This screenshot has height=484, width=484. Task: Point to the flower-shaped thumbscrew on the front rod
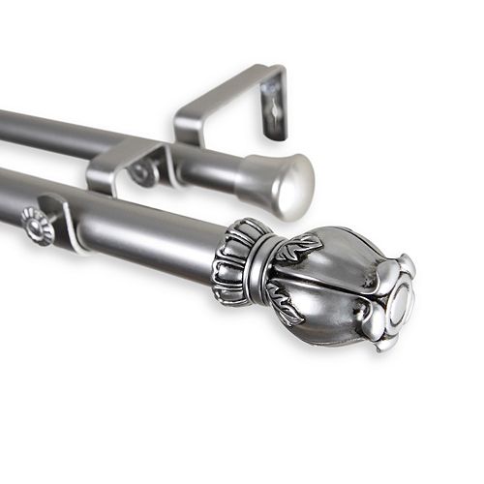pos(37,227)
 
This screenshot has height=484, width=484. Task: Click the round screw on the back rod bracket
pos(145,173)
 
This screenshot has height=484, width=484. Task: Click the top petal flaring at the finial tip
pos(395,267)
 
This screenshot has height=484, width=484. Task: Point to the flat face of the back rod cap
pos(295,189)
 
